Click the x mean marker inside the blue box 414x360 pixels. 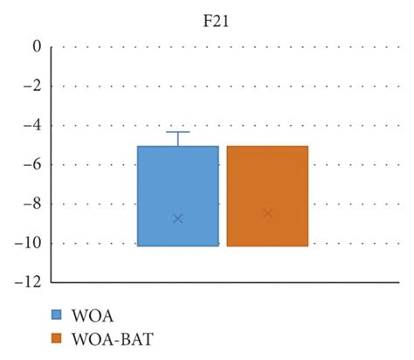tap(177, 218)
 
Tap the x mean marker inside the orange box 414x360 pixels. tap(267, 213)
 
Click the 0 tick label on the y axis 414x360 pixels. tap(37, 47)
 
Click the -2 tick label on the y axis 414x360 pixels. tap(33, 87)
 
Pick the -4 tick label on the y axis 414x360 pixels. tap(33, 126)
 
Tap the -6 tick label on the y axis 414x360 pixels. tap(33, 165)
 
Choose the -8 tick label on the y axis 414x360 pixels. tap(33, 204)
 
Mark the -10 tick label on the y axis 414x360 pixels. tap(31, 243)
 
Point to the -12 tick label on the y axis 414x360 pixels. tap(31, 282)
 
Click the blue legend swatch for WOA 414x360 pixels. tap(57, 315)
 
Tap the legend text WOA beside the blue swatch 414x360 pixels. tap(91, 315)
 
